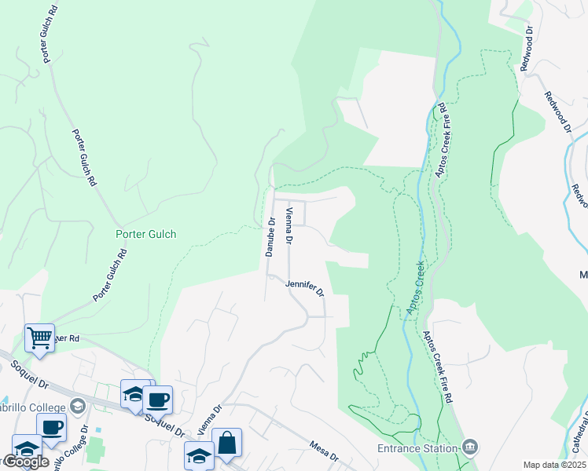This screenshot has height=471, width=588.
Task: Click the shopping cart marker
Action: tap(39, 338)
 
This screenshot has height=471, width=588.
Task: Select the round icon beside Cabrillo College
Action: tap(77, 406)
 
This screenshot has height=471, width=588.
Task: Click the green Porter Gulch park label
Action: tap(146, 234)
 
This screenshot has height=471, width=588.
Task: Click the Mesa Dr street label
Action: tap(323, 456)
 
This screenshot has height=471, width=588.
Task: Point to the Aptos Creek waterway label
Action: tap(415, 289)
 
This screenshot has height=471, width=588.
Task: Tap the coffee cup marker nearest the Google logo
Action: tap(52, 428)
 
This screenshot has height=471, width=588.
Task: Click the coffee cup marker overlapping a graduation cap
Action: tap(157, 400)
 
